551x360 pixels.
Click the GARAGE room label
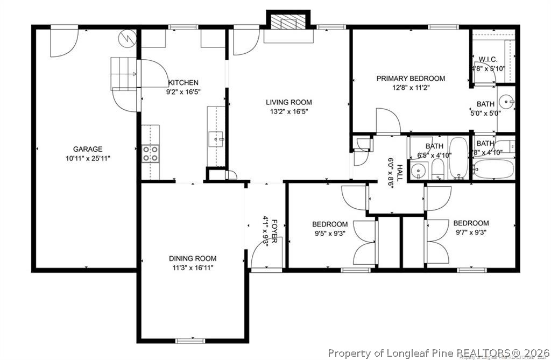click(88, 149)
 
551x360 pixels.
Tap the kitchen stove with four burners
click(151, 153)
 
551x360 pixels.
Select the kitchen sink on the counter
click(218, 139)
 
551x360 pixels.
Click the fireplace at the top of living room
click(288, 22)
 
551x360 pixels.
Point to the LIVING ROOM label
click(288, 102)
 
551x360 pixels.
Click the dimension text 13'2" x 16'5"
click(288, 112)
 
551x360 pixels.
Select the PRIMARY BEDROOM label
click(411, 79)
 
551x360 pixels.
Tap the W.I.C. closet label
click(488, 59)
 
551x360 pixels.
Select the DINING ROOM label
click(193, 258)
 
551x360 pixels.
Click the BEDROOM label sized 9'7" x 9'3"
click(471, 223)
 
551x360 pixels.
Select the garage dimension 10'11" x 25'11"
click(88, 158)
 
